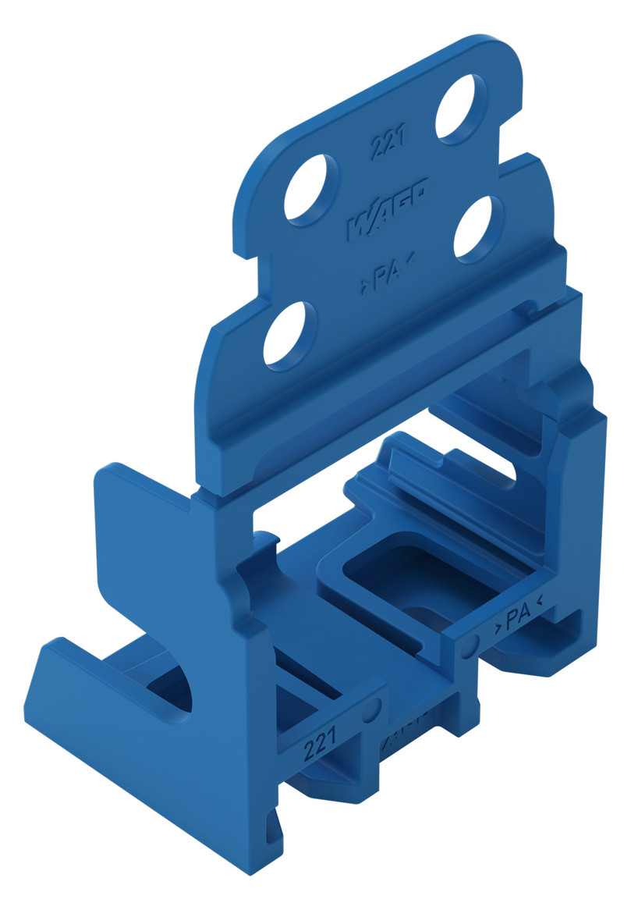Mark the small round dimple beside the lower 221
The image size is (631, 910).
(373, 709)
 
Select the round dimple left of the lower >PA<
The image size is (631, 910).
(470, 646)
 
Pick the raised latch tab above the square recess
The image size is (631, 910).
(421, 460)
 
